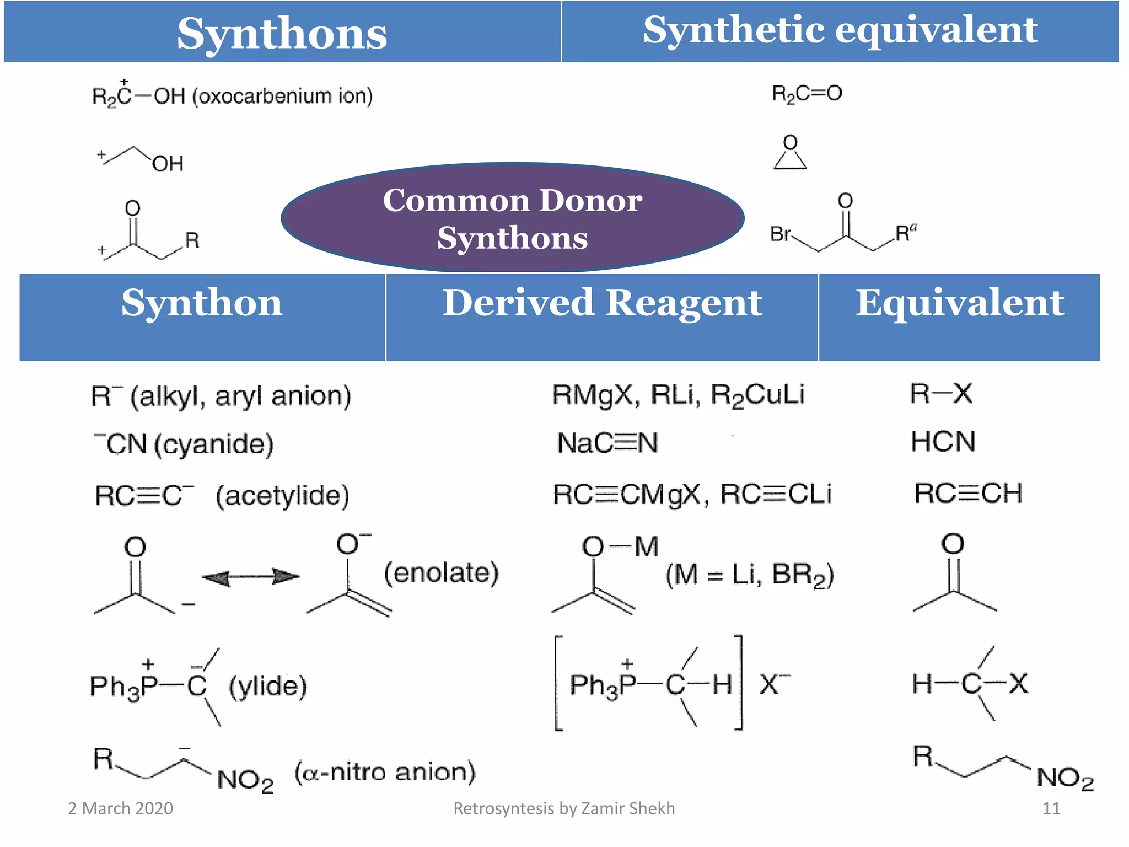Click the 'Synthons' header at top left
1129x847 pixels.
tap(282, 33)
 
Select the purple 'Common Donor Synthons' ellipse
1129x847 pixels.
tap(513, 218)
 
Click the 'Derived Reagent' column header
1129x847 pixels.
tap(602, 303)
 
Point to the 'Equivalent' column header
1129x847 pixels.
tap(959, 303)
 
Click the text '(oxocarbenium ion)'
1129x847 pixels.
tap(282, 96)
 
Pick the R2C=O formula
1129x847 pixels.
tap(807, 94)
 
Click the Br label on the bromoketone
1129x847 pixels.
tap(780, 234)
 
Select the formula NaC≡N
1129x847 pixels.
tap(607, 443)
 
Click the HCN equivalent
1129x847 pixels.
tap(943, 442)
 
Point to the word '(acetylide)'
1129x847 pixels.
tap(282, 495)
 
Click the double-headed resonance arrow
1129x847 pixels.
tap(251, 577)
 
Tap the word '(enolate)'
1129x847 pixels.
tap(441, 573)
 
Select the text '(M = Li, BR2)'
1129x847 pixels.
tap(750, 575)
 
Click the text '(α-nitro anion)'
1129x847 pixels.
tap(385, 772)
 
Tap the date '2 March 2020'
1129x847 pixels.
tap(120, 808)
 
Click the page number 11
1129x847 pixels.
tap(1051, 808)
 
